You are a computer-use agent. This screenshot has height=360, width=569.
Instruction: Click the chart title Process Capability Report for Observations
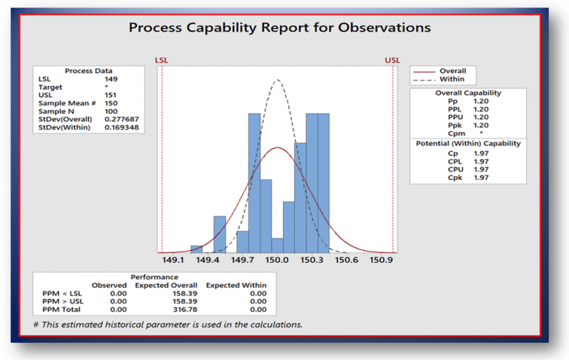[279, 28]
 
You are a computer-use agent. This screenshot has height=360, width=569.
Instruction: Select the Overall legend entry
[453, 71]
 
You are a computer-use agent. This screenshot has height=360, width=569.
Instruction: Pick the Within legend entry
[451, 79]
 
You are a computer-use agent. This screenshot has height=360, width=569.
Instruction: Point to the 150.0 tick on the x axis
[277, 261]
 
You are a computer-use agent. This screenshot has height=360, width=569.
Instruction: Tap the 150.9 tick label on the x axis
[382, 261]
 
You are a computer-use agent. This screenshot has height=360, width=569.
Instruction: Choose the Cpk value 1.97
[482, 178]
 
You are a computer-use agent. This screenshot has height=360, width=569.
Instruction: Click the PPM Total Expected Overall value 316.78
[175, 310]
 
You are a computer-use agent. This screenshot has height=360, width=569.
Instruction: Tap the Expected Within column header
[236, 284]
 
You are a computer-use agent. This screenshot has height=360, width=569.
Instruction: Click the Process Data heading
[89, 70]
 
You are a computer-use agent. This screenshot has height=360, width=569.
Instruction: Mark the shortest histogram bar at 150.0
[277, 245]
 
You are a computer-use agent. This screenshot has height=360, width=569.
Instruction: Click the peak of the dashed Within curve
[277, 79]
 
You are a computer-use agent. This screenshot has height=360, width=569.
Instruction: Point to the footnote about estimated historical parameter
[168, 324]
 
